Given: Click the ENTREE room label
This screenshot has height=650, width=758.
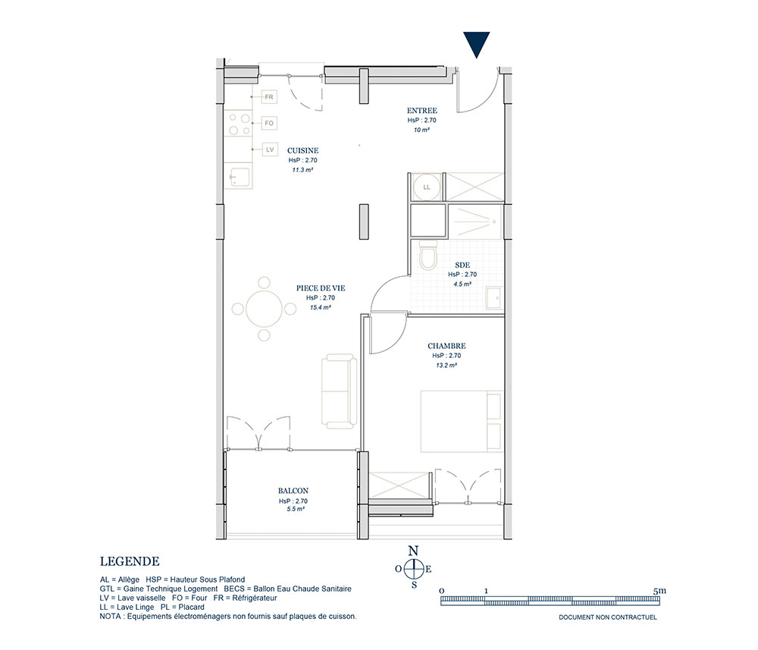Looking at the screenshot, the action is [x=421, y=111].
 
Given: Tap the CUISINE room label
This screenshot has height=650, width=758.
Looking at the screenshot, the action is [x=302, y=151].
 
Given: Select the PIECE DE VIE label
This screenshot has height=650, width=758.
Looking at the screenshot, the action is [x=321, y=288].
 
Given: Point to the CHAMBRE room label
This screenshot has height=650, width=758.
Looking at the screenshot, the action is [x=446, y=347].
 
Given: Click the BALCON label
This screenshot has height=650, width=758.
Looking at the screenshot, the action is [x=293, y=491].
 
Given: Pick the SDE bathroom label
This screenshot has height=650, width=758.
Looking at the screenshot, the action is [x=462, y=265].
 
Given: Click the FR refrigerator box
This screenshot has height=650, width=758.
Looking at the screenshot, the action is [x=269, y=97].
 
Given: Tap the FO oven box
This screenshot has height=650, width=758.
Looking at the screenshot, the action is [x=269, y=124].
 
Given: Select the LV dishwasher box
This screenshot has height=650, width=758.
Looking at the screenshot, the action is [x=269, y=149].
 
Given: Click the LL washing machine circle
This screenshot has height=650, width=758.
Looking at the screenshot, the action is [x=426, y=187].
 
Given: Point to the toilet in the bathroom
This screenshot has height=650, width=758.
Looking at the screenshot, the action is [x=428, y=255].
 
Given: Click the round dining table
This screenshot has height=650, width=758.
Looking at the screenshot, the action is [x=264, y=309].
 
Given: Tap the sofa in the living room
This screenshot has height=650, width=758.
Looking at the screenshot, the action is [x=339, y=391].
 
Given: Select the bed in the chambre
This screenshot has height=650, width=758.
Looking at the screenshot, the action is [x=462, y=421].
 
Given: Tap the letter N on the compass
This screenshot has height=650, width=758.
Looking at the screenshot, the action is [x=413, y=551].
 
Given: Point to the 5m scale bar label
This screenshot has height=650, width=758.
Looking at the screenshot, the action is [x=659, y=591].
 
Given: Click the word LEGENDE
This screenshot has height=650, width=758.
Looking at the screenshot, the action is [x=130, y=561].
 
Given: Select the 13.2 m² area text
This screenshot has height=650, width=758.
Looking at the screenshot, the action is [x=446, y=366].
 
